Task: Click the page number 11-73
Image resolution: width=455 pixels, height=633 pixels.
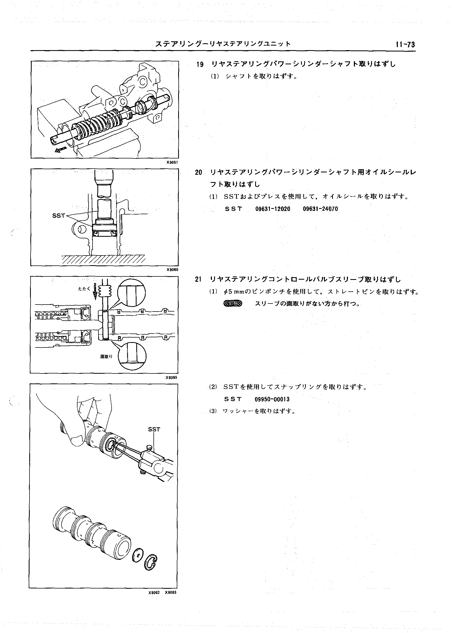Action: pos(405,45)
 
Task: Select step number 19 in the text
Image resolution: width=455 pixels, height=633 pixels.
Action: pos(200,64)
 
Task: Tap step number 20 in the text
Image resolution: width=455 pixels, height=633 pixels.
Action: pos(198,172)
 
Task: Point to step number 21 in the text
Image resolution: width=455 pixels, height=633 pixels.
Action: pos(198,279)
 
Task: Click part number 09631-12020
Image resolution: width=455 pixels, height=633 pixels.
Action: pos(273,209)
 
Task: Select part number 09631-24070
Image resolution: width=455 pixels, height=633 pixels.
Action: pos(320,209)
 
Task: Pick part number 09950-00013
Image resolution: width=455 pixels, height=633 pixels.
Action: pos(272,399)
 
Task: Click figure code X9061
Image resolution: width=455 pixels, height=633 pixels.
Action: pos(172,162)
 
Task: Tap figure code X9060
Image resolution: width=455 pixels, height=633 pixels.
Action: pos(172,270)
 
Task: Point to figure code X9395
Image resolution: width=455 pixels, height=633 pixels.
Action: pos(171,377)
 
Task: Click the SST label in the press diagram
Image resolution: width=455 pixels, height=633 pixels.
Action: pos(59,216)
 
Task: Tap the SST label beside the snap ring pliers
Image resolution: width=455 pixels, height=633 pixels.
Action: pos(154,430)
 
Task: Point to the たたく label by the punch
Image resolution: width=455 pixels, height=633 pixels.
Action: pos(84,289)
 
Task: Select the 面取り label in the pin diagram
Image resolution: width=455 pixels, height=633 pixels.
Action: pos(106,356)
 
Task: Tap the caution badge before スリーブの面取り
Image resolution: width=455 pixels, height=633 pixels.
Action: pos(233,303)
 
